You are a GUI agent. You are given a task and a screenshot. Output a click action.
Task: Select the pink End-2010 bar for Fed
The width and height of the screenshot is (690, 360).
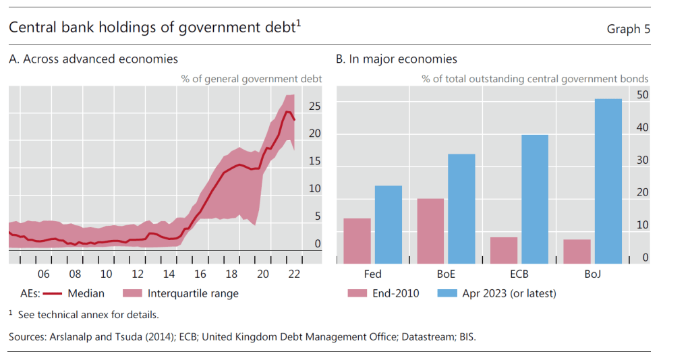[357, 241]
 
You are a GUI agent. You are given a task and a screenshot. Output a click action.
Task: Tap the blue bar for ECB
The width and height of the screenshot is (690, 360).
[535, 199]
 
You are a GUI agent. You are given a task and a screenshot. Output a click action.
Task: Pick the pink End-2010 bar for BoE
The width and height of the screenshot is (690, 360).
[430, 231]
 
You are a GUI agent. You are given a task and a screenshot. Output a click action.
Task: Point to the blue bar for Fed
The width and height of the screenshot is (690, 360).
[389, 224]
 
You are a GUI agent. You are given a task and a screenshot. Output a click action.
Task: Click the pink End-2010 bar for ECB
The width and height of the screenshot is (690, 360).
[504, 250]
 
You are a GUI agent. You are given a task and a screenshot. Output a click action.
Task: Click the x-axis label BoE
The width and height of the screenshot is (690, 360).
[445, 274]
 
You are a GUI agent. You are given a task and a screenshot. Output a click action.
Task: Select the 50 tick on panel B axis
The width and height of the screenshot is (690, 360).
[643, 95]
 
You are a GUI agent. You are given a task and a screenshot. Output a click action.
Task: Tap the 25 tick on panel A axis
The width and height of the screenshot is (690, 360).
[314, 107]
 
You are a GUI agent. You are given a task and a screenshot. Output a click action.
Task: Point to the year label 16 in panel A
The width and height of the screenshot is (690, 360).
[200, 274]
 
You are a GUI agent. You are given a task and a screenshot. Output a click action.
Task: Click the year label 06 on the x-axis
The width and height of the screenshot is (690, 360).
[44, 274]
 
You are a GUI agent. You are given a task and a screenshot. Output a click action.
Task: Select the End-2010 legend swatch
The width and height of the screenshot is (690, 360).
[357, 293]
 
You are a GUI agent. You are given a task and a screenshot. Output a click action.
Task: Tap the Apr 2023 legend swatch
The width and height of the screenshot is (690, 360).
[447, 293]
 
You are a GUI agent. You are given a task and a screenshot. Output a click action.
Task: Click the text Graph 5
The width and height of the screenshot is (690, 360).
[629, 28]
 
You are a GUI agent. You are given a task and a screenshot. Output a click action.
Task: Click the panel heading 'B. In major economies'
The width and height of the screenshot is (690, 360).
[397, 59]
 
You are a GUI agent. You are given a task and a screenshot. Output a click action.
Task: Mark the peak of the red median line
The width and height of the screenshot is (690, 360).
[287, 112]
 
